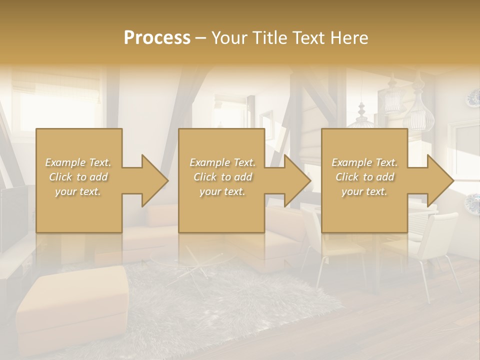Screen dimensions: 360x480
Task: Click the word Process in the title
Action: point(157,38)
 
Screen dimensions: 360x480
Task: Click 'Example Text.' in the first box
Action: point(78,162)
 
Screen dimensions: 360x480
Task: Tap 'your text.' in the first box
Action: point(78,191)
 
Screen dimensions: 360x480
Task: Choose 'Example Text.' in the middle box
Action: point(222,162)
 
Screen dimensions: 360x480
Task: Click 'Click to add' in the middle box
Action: point(222,177)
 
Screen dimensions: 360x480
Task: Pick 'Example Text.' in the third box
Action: point(364,162)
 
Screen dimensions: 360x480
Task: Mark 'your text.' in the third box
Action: point(364,191)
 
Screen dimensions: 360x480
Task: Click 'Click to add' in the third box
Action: point(364,177)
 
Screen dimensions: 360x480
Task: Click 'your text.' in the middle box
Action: point(222,191)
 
